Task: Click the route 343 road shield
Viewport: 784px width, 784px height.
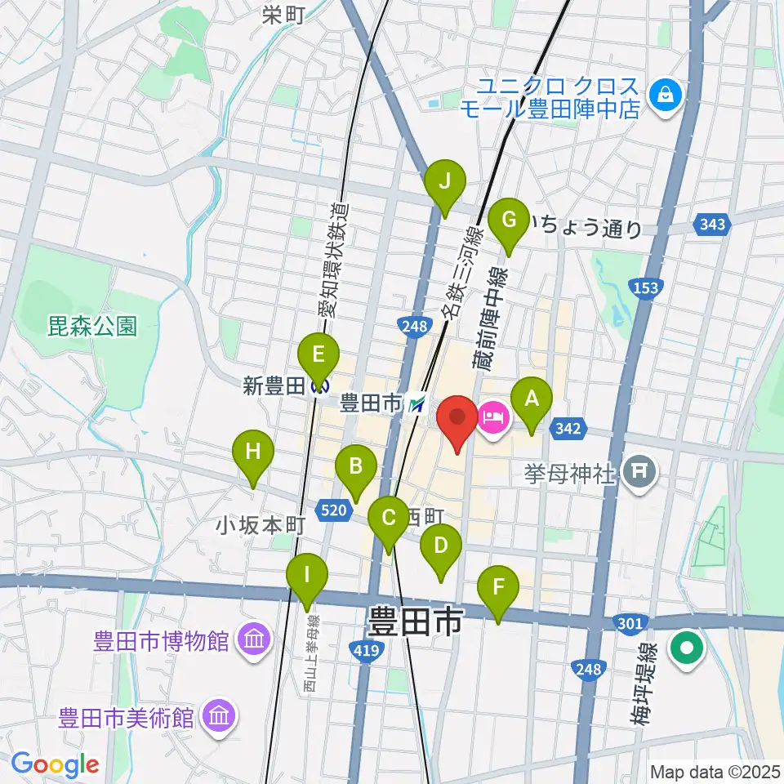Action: click(x=712, y=225)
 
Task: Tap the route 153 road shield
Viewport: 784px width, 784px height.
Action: click(x=645, y=287)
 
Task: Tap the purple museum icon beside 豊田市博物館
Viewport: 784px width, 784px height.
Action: click(x=252, y=639)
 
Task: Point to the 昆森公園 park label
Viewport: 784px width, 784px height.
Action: click(x=91, y=327)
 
